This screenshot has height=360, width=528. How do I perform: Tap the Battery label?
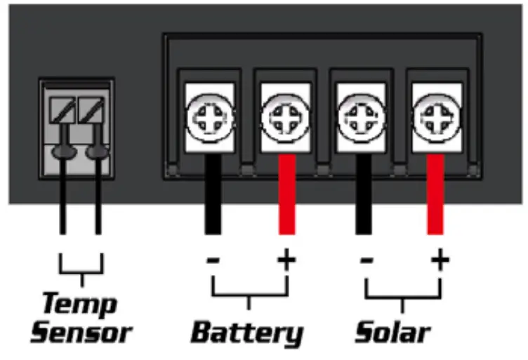pos(248,332)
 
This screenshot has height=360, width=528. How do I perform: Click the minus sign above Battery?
pos(213,261)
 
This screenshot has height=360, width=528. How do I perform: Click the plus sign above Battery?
pos(286,260)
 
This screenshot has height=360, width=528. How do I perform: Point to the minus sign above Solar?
pos(365,261)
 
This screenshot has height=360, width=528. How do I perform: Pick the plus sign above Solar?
pos(440,260)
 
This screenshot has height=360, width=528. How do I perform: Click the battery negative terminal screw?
pos(209,116)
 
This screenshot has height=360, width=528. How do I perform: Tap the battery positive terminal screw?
pos(284,116)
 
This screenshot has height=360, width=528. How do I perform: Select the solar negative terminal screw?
pos(361,116)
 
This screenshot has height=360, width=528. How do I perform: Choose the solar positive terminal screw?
pos(437,116)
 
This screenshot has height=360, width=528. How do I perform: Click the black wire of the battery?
pos(213,196)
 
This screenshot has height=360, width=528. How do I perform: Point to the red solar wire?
pos(437,196)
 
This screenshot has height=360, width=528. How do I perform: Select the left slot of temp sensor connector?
pos(62,110)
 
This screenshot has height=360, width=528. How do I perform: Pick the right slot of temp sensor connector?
pos(91,110)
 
